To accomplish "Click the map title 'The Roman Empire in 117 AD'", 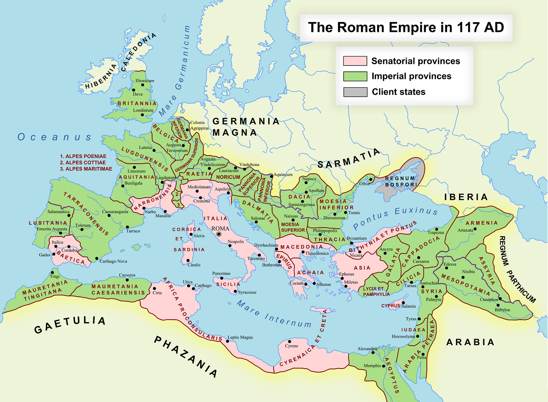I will tap(406, 27).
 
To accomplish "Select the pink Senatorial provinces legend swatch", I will tap(355, 61).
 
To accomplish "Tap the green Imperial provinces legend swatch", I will tap(355, 76).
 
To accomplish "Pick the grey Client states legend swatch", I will tap(355, 92).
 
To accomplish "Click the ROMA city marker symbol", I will tap(219, 234).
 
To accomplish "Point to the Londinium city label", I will tap(143, 111).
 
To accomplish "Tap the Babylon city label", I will tap(502, 310).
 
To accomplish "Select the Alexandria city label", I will tap(367, 349).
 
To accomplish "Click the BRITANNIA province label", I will tap(137, 103).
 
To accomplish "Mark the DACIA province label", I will tap(299, 197).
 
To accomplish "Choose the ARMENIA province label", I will tap(481, 223).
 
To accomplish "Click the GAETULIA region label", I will tap(70, 325).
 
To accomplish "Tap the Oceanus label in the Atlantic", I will tap(55, 137).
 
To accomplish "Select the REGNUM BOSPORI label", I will tap(401, 182).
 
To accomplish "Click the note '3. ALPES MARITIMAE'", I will tap(86, 169).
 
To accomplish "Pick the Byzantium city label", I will tap(356, 238).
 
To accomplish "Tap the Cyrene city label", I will tap(291, 346).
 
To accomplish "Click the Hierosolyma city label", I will tap(403, 337).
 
